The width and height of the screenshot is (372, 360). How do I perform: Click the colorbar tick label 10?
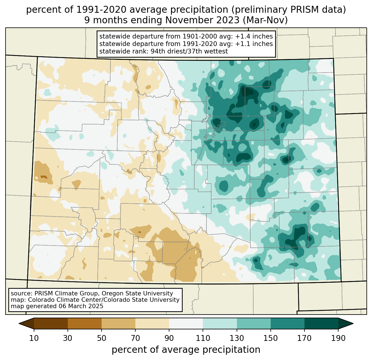point(34,338)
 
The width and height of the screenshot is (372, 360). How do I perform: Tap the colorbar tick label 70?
point(135,338)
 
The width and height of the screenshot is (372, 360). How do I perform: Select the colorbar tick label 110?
point(203,338)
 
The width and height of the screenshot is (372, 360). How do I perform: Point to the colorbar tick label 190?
point(338,338)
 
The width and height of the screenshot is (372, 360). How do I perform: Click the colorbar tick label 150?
point(270,338)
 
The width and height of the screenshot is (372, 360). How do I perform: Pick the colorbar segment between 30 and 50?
point(84,323)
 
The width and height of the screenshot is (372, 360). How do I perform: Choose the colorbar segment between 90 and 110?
point(186,323)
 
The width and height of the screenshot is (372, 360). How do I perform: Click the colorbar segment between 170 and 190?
point(321,323)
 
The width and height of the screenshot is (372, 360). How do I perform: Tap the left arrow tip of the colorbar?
point(19,323)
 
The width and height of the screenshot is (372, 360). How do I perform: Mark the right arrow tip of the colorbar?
point(353,323)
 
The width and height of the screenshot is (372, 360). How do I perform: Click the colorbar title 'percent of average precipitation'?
point(186,350)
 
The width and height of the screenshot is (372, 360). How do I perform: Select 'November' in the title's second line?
point(202,20)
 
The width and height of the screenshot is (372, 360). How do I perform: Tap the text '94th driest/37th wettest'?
point(189,51)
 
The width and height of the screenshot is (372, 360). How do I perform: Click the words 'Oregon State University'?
point(137,293)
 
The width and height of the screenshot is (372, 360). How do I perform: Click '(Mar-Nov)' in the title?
point(265,20)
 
